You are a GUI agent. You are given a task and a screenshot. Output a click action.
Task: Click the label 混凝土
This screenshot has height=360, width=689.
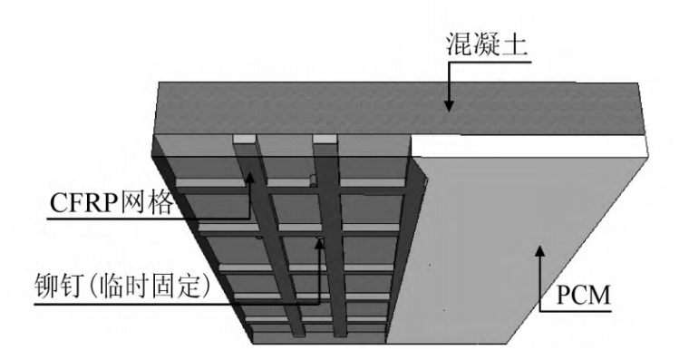click(485, 45)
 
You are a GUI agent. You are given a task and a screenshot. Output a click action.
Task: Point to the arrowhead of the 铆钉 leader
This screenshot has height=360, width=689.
click(320, 243)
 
